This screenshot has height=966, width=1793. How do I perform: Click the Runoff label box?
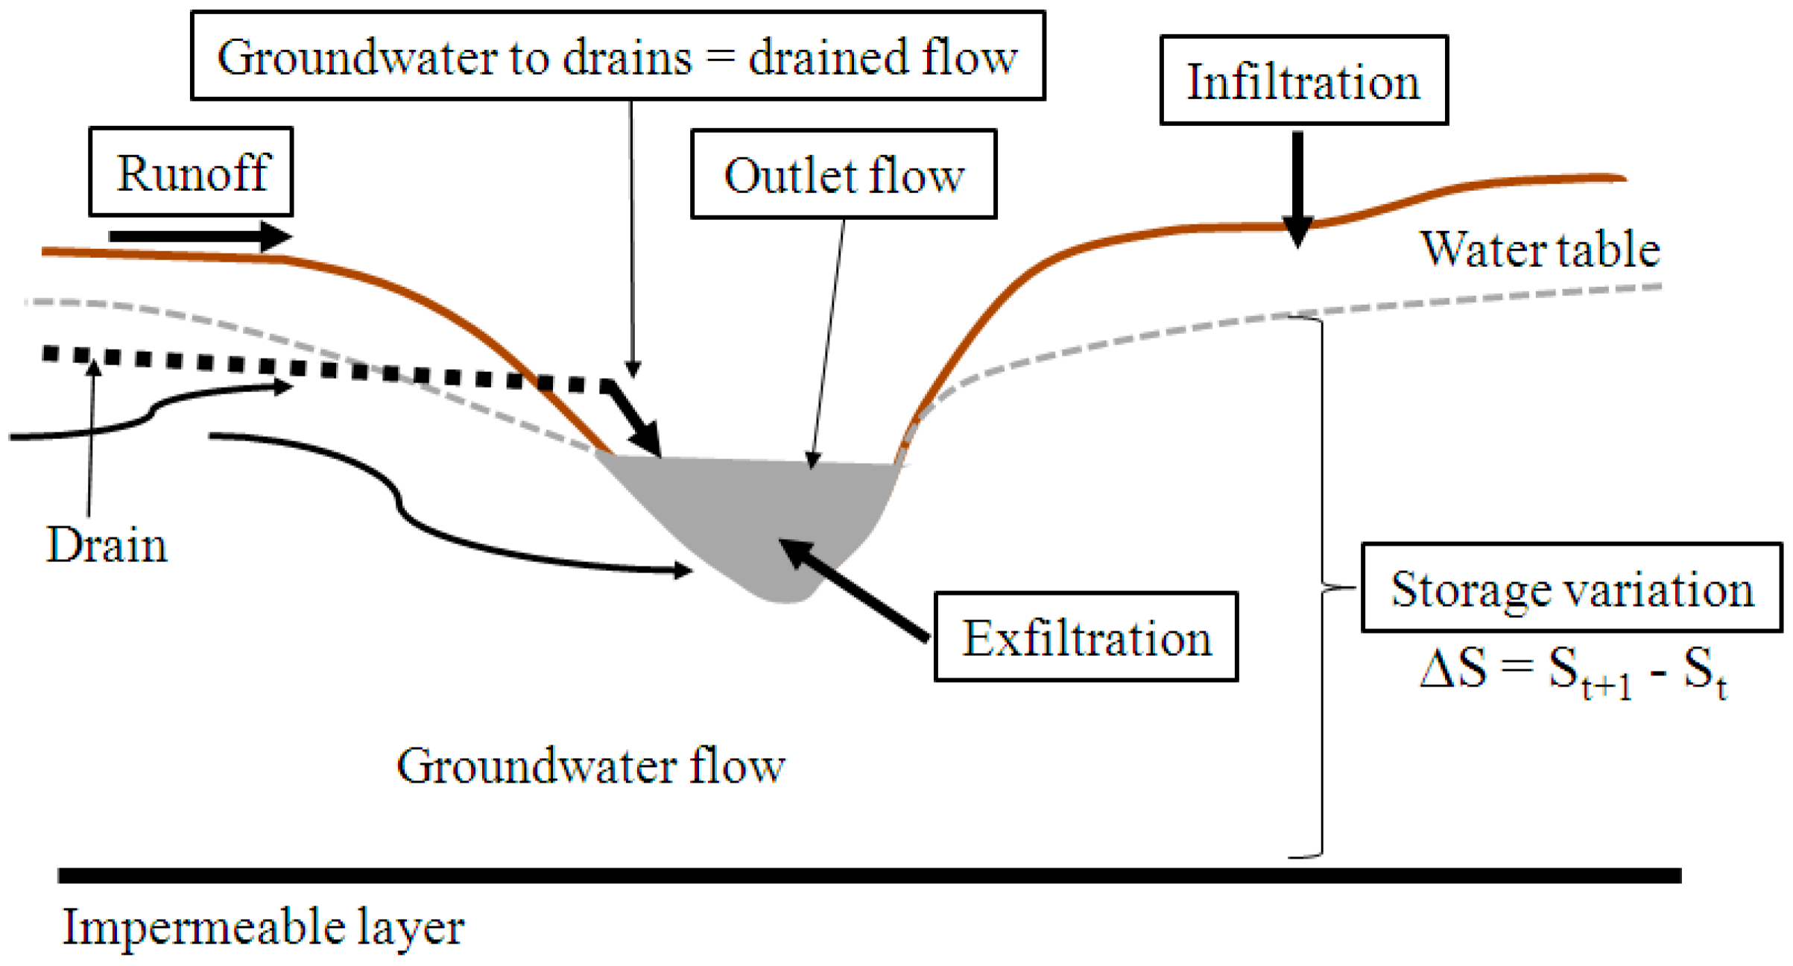(x=191, y=172)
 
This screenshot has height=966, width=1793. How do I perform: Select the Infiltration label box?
(x=1303, y=80)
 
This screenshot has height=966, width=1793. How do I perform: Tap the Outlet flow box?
(x=844, y=174)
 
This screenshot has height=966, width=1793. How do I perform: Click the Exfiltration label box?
(x=1086, y=637)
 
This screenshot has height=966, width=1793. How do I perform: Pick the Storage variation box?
(x=1572, y=589)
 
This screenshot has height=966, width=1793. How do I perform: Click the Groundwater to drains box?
(x=618, y=56)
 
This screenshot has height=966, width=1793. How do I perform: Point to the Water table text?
(x=1540, y=249)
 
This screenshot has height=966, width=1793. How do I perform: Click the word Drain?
(x=107, y=545)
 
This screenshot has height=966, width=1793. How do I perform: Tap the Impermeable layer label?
(x=263, y=926)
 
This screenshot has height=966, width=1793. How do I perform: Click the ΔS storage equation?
(x=1572, y=671)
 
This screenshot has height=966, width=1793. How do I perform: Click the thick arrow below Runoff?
(x=200, y=236)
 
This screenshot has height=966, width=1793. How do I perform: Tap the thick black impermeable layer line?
(x=869, y=875)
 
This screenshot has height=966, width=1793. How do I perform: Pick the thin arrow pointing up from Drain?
(x=91, y=440)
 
